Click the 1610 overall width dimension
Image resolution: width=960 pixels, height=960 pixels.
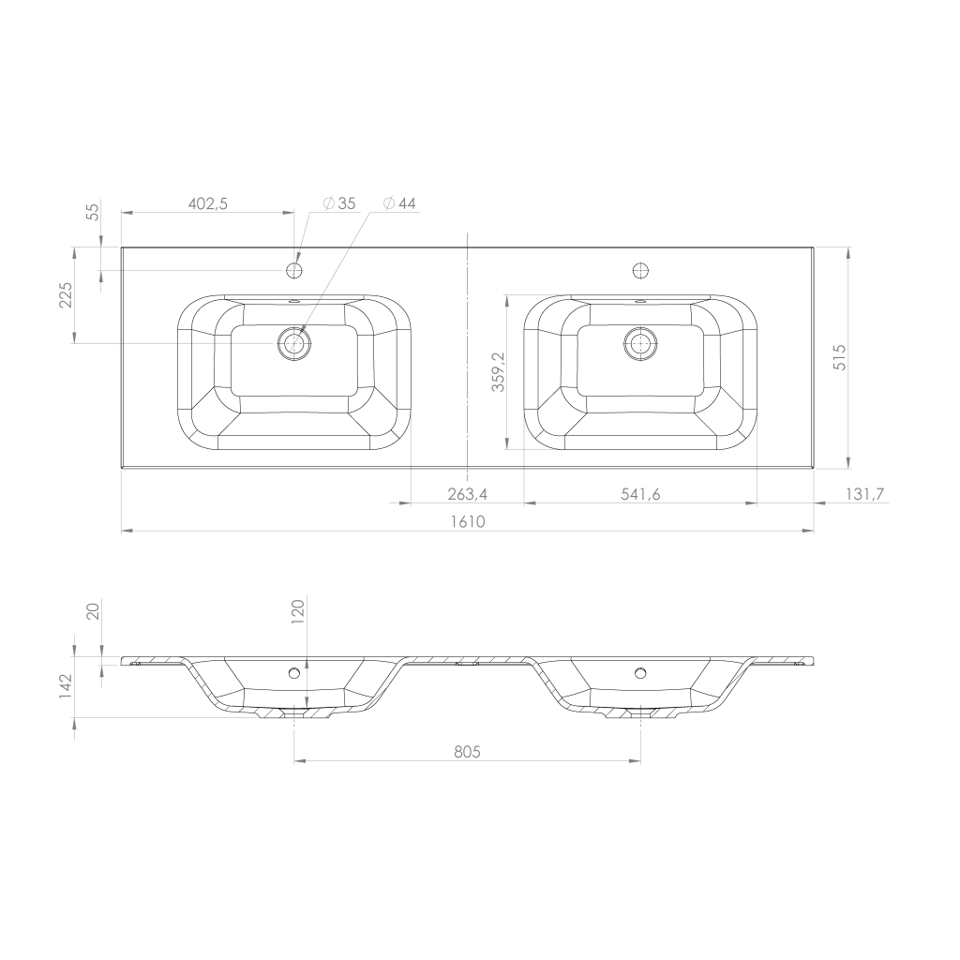click(468, 521)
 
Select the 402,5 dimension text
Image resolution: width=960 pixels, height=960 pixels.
click(207, 203)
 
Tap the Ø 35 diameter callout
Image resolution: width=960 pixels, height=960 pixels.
click(339, 203)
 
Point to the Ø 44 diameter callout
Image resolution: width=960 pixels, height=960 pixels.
click(399, 203)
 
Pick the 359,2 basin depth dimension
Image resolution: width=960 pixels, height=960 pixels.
click(499, 371)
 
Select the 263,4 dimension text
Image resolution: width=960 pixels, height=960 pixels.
click(467, 493)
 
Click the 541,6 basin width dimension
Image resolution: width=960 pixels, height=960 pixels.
click(640, 493)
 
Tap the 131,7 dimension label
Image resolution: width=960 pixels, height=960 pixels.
click(865, 493)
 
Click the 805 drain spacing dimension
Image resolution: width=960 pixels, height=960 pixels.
click(467, 751)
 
